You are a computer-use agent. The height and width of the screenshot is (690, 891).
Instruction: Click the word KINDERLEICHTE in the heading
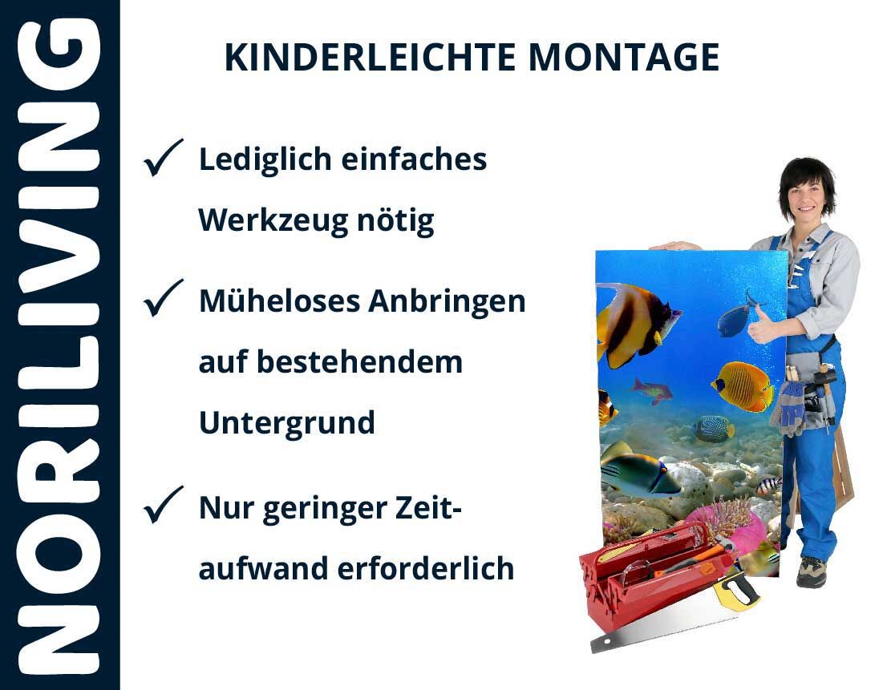point(370,58)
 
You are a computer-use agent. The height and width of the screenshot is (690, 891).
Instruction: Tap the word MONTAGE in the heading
point(624,58)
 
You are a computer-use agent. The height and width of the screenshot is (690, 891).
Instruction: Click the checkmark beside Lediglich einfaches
point(163,158)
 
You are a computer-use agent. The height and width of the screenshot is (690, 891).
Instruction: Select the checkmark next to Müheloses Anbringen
point(163,298)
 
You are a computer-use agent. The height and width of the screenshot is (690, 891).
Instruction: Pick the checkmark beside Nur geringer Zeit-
point(163,505)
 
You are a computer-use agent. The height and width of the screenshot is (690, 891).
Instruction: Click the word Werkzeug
point(273,221)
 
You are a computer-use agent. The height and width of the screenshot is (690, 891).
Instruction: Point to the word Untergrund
point(287,423)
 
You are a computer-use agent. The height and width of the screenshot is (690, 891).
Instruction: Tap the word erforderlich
point(426,568)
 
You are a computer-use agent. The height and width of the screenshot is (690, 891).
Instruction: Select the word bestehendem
point(360,362)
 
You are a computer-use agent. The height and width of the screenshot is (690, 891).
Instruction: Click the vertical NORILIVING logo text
point(59,345)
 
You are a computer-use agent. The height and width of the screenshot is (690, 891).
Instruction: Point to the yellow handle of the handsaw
point(736,591)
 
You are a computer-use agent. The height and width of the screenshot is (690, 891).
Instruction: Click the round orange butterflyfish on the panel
point(742,386)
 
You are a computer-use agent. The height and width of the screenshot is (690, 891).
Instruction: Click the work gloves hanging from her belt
point(789,408)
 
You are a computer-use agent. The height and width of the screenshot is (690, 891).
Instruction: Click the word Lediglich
point(265,160)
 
